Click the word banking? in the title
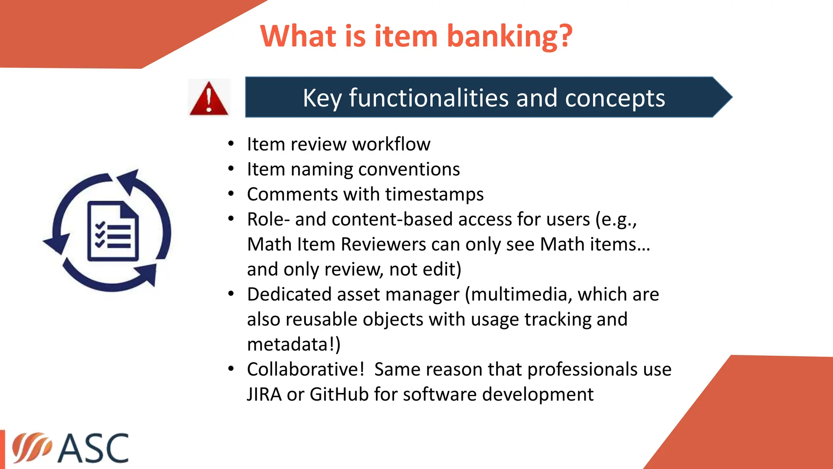click(510, 37)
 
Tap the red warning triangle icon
click(209, 98)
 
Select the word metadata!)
click(293, 344)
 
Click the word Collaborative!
click(305, 370)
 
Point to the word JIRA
click(264, 394)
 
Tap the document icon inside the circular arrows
click(113, 231)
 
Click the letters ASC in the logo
click(93, 448)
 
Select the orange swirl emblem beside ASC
click(31, 447)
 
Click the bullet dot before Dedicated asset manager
click(231, 294)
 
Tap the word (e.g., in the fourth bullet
click(616, 220)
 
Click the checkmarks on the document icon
click(100, 235)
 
